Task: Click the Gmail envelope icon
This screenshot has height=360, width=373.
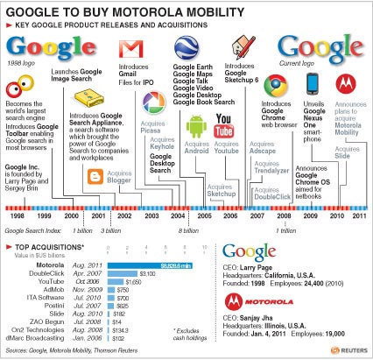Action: coord(131,49)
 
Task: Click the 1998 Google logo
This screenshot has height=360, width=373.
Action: coord(37,47)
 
